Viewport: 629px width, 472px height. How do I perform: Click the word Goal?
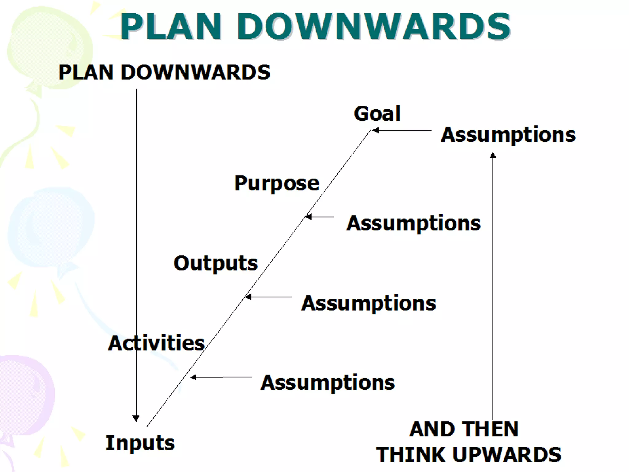377,114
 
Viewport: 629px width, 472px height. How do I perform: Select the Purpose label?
277,183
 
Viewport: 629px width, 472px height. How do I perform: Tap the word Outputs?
216,264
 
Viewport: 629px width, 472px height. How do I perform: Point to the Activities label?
156,343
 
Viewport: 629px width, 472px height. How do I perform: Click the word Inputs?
140,443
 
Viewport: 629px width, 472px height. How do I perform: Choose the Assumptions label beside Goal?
508,135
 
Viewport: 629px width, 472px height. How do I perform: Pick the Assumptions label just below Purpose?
414,223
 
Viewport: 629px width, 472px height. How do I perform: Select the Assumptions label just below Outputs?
369,304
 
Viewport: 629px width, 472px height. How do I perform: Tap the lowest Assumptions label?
328,383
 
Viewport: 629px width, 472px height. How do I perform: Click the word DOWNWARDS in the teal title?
373,26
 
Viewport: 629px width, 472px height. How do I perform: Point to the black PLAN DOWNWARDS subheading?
165,73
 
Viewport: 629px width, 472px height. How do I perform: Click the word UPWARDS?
507,454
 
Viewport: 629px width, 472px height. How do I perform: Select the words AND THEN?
464,429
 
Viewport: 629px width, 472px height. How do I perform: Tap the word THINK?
412,454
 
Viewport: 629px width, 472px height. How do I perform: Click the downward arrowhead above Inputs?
136,418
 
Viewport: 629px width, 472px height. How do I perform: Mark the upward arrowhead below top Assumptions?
493,155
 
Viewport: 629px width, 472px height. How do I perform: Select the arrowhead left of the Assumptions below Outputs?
248,297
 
